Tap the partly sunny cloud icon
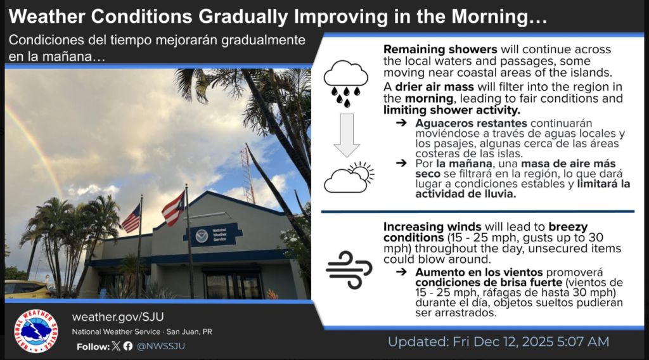(349, 177)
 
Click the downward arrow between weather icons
(346, 134)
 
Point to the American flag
(131, 219)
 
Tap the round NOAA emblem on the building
(202, 236)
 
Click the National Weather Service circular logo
(36, 330)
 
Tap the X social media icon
(115, 346)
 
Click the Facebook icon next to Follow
(128, 346)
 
